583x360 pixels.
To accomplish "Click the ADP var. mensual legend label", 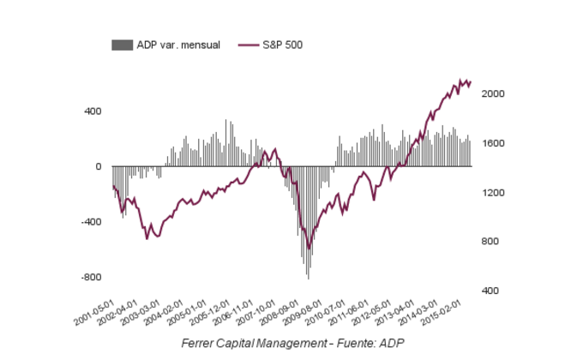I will click(178, 45).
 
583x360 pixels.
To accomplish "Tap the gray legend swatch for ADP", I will click(122, 45).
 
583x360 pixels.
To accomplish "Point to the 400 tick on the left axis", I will click(92, 111).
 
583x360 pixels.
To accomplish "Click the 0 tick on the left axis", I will click(98, 166).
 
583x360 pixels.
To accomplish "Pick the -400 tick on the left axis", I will click(90, 222).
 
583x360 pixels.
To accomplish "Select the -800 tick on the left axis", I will click(90, 278).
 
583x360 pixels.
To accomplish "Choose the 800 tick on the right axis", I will click(491, 242).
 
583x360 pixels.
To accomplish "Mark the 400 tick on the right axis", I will click(491, 291).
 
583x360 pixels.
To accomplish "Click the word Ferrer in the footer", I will click(199, 343).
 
